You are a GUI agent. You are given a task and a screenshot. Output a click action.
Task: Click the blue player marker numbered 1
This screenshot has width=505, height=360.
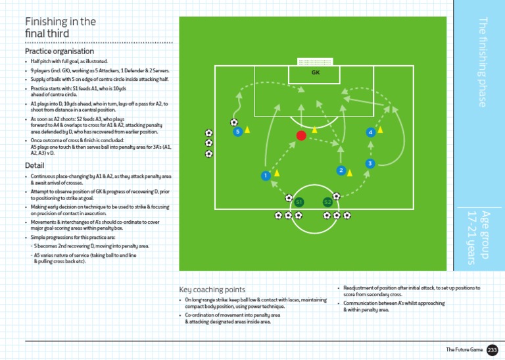tap(265, 176)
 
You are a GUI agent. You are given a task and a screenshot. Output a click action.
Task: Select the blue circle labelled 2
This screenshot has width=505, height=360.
tap(341, 170)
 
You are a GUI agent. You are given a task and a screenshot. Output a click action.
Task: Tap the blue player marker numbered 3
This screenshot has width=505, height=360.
tap(370, 163)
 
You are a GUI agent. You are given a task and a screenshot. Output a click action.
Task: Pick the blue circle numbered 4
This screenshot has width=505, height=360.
tap(371, 132)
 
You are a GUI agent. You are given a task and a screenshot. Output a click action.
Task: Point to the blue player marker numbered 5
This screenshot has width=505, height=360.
tap(237, 132)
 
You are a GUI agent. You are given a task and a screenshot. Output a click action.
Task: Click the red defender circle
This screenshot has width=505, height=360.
tap(301, 136)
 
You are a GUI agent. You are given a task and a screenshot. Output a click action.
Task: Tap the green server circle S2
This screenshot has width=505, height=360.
tap(327, 201)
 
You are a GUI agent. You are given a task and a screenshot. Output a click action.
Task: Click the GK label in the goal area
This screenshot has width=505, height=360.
tap(316, 72)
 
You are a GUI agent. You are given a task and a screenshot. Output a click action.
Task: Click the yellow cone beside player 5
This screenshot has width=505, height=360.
tap(248, 130)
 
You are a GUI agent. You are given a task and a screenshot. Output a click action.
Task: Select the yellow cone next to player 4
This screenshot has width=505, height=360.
tap(381, 130)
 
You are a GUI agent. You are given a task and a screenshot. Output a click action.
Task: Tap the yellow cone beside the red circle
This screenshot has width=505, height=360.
tap(314, 130)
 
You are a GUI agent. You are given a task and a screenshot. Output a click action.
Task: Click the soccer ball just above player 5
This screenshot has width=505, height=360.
tap(234, 122)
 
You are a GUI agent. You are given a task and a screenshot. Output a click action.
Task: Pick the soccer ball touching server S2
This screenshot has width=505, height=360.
tap(336, 196)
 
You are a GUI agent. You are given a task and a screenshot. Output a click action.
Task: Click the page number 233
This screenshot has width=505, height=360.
tap(493, 350)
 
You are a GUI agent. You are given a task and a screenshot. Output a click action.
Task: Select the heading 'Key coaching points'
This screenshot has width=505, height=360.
tap(212, 289)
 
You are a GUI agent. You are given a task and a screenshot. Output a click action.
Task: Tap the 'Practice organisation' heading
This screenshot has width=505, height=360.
tap(59, 51)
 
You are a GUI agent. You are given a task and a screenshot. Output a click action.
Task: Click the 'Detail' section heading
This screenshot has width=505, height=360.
tap(35, 166)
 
